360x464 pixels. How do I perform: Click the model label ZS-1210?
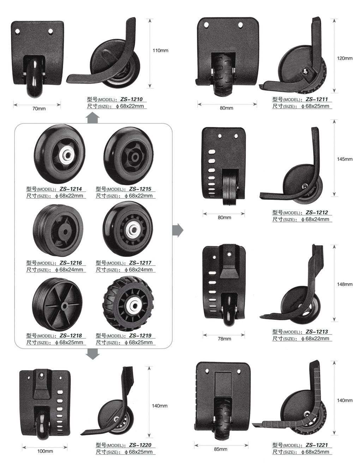(131, 99)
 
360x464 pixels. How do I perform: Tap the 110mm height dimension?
(160, 50)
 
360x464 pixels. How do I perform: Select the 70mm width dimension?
(39, 108)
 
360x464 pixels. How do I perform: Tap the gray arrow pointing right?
(178, 230)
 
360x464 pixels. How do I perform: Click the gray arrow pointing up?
(92, 118)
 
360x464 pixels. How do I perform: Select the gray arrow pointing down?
(93, 353)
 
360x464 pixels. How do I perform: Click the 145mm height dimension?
(344, 159)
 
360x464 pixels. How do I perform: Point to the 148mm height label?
(344, 284)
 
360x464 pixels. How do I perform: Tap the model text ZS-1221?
(317, 445)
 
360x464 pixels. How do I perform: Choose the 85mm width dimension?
(221, 449)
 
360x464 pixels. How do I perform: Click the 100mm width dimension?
(45, 451)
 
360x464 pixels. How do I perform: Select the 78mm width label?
(224, 339)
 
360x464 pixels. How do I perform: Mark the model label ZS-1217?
(140, 263)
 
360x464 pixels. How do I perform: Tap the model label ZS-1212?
(317, 212)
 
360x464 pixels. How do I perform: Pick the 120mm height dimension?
(344, 58)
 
